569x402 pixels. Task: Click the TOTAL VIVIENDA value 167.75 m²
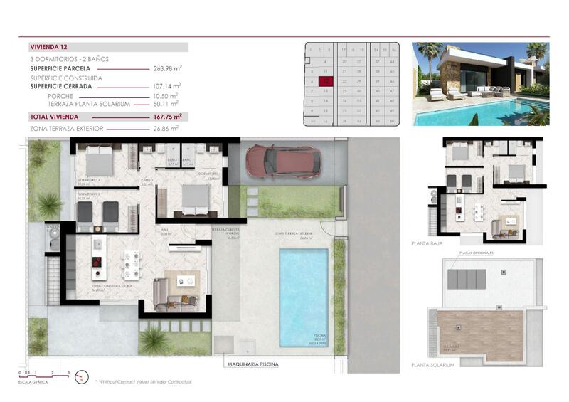(x=168, y=116)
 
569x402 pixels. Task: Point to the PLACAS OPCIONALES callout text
(x=477, y=252)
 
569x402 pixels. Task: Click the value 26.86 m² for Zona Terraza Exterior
(x=168, y=129)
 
